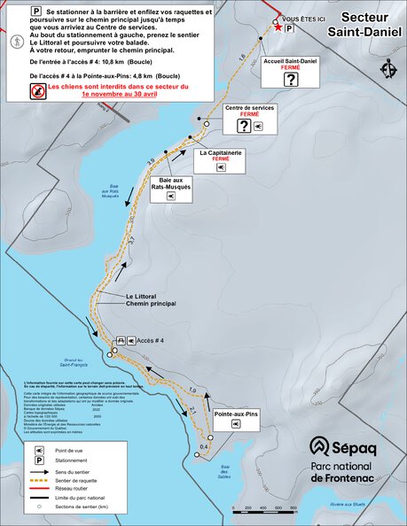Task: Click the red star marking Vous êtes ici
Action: pyautogui.click(x=278, y=28)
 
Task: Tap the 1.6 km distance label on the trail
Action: pyautogui.click(x=243, y=58)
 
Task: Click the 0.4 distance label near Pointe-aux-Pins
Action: pyautogui.click(x=203, y=446)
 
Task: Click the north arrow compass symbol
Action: pyautogui.click(x=388, y=68)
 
